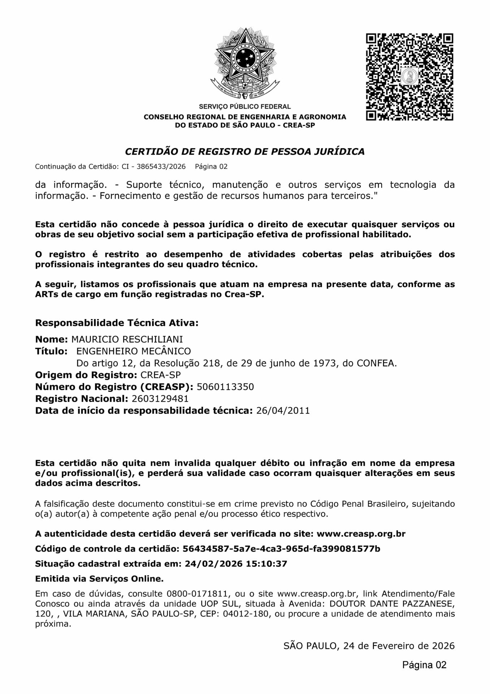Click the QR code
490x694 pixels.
409,77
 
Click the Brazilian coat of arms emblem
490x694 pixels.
245,64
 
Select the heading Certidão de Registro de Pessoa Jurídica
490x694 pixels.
244,151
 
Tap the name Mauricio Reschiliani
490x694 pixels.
127,339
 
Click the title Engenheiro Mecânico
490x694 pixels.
134,351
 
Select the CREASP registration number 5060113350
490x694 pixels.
225,387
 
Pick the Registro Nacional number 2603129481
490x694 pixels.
160,399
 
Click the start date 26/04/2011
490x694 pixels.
283,411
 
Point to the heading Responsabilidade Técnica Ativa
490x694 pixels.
117,323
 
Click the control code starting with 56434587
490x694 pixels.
281,549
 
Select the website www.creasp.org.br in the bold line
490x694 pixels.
361,534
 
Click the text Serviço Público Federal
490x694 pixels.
244,107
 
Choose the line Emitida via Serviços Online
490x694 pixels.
99,579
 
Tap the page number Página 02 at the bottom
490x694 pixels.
424,665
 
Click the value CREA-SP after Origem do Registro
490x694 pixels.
160,375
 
